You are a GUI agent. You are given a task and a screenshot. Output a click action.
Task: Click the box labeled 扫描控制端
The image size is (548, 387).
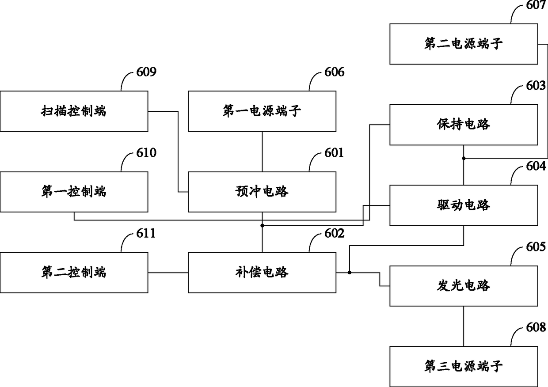tap(74, 111)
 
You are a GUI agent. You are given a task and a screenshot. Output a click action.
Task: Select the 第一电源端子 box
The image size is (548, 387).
tap(262, 111)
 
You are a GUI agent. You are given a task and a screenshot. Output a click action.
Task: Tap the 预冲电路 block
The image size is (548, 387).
tap(262, 192)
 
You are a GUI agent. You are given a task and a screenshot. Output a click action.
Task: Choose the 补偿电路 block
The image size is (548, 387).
tap(262, 272)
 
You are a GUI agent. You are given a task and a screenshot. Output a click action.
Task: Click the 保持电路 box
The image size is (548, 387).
tap(463, 125)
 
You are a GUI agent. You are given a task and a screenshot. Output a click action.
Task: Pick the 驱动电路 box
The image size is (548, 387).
tap(463, 205)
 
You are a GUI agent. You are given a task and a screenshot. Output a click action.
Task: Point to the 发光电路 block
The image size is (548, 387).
tap(463, 286)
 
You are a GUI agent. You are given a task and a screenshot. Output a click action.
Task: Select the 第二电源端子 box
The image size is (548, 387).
tap(463, 44)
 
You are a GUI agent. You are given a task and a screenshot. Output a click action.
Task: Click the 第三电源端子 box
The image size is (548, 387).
tap(463, 366)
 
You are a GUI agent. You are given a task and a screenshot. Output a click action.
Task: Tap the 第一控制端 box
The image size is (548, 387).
tap(74, 192)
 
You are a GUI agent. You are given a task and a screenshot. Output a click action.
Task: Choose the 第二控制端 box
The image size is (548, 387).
tap(74, 272)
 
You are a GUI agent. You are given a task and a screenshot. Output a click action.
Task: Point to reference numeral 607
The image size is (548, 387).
tap(536, 5)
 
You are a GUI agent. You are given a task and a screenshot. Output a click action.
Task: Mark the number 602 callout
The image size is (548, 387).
tap(334, 233)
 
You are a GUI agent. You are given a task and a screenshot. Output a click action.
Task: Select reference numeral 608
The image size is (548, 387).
tap(536, 327)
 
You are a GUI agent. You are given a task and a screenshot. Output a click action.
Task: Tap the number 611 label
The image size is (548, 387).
tap(146, 233)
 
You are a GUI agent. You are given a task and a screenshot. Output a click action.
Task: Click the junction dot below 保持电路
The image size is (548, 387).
tap(464, 158)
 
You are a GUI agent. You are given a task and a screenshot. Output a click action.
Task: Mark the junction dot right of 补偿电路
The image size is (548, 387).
tap(349, 272)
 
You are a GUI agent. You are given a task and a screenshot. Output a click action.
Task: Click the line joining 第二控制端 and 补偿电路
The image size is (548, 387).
tap(168, 272)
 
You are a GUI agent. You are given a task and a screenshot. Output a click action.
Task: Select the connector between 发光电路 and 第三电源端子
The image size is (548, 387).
tap(464, 326)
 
